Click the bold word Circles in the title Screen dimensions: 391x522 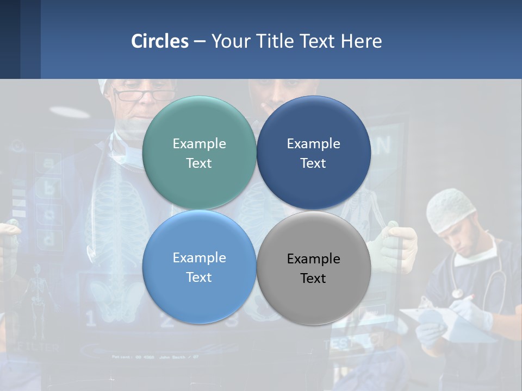pyautogui.click(x=160, y=41)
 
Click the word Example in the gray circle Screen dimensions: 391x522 pyautogui.click(x=314, y=258)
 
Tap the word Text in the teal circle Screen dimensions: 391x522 pyautogui.click(x=199, y=163)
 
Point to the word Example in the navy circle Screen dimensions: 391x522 pyautogui.click(x=314, y=144)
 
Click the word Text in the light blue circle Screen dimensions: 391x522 pyautogui.click(x=199, y=278)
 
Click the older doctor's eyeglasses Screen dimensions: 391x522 pyautogui.click(x=144, y=95)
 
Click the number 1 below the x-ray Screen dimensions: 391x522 pyautogui.click(x=90, y=319)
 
